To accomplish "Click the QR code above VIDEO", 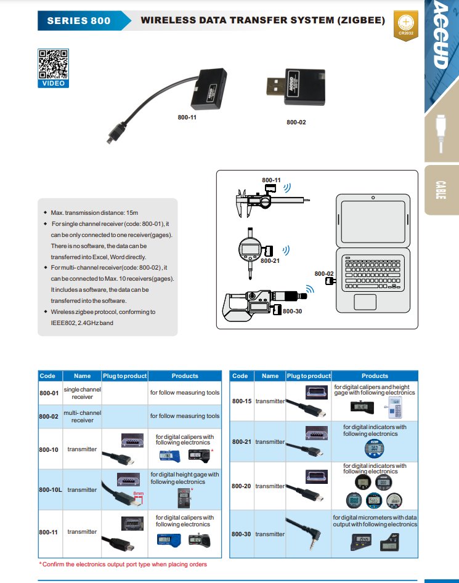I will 53,63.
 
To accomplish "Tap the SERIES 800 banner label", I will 79,20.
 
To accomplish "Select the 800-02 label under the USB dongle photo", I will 296,123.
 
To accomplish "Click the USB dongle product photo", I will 295,87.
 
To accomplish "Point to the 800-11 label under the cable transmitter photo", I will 187,117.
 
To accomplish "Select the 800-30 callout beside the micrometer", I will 292,312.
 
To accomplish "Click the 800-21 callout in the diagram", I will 270,261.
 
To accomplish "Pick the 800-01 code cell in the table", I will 49,393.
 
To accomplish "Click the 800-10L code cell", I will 49,490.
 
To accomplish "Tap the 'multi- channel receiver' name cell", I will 82,416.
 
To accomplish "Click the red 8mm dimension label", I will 138,494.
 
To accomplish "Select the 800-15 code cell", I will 242,401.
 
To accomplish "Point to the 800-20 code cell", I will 242,486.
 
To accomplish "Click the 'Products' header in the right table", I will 375,376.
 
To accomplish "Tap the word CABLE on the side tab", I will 441,190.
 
